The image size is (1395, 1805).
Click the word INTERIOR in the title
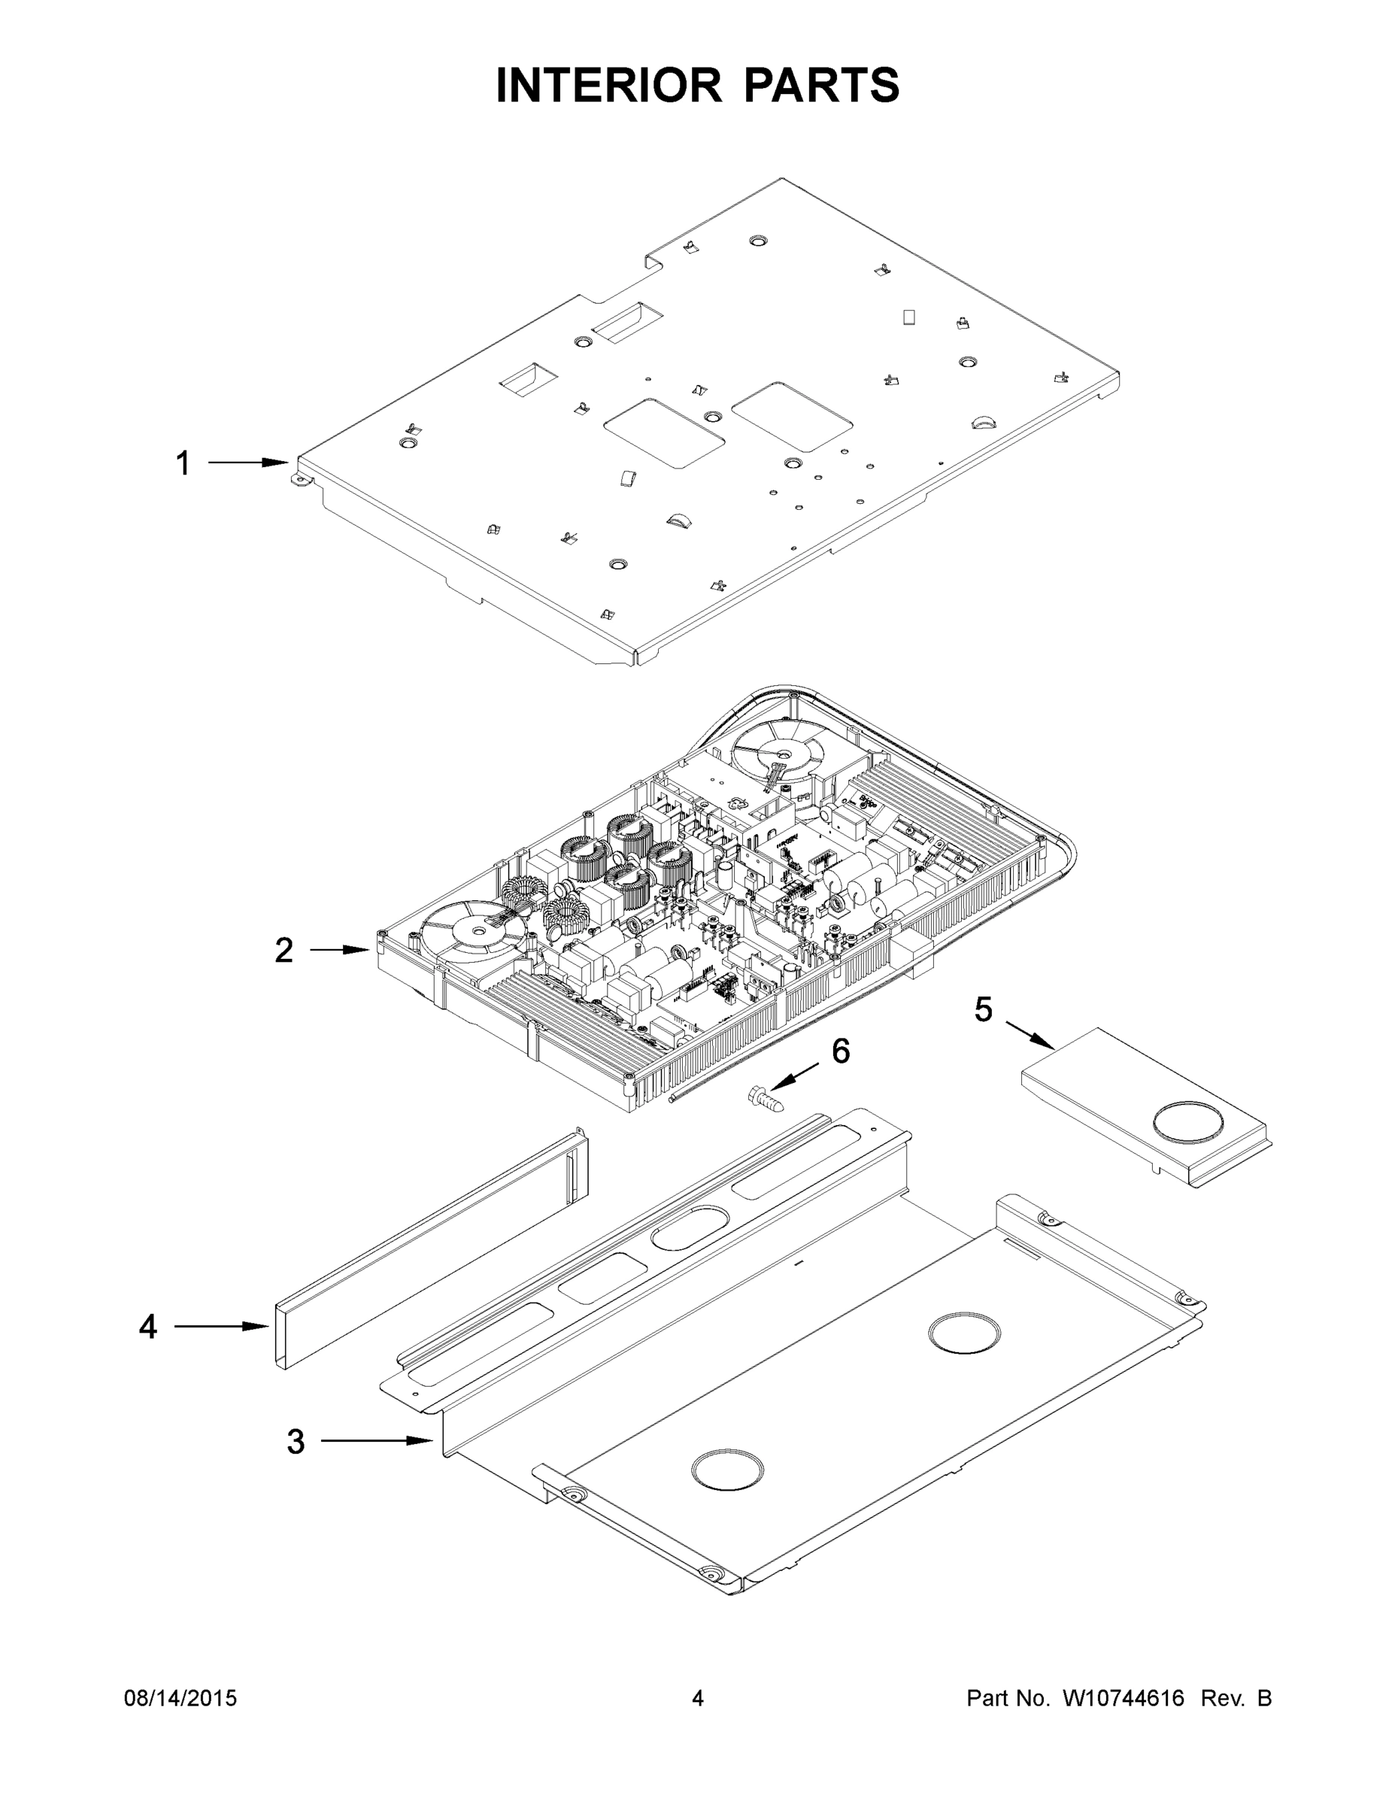tap(608, 85)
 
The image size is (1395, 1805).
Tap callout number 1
tap(183, 463)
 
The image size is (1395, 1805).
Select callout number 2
tap(284, 951)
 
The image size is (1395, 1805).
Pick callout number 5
tap(983, 1009)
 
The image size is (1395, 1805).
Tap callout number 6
tap(841, 1051)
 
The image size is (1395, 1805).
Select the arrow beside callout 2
tap(339, 951)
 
